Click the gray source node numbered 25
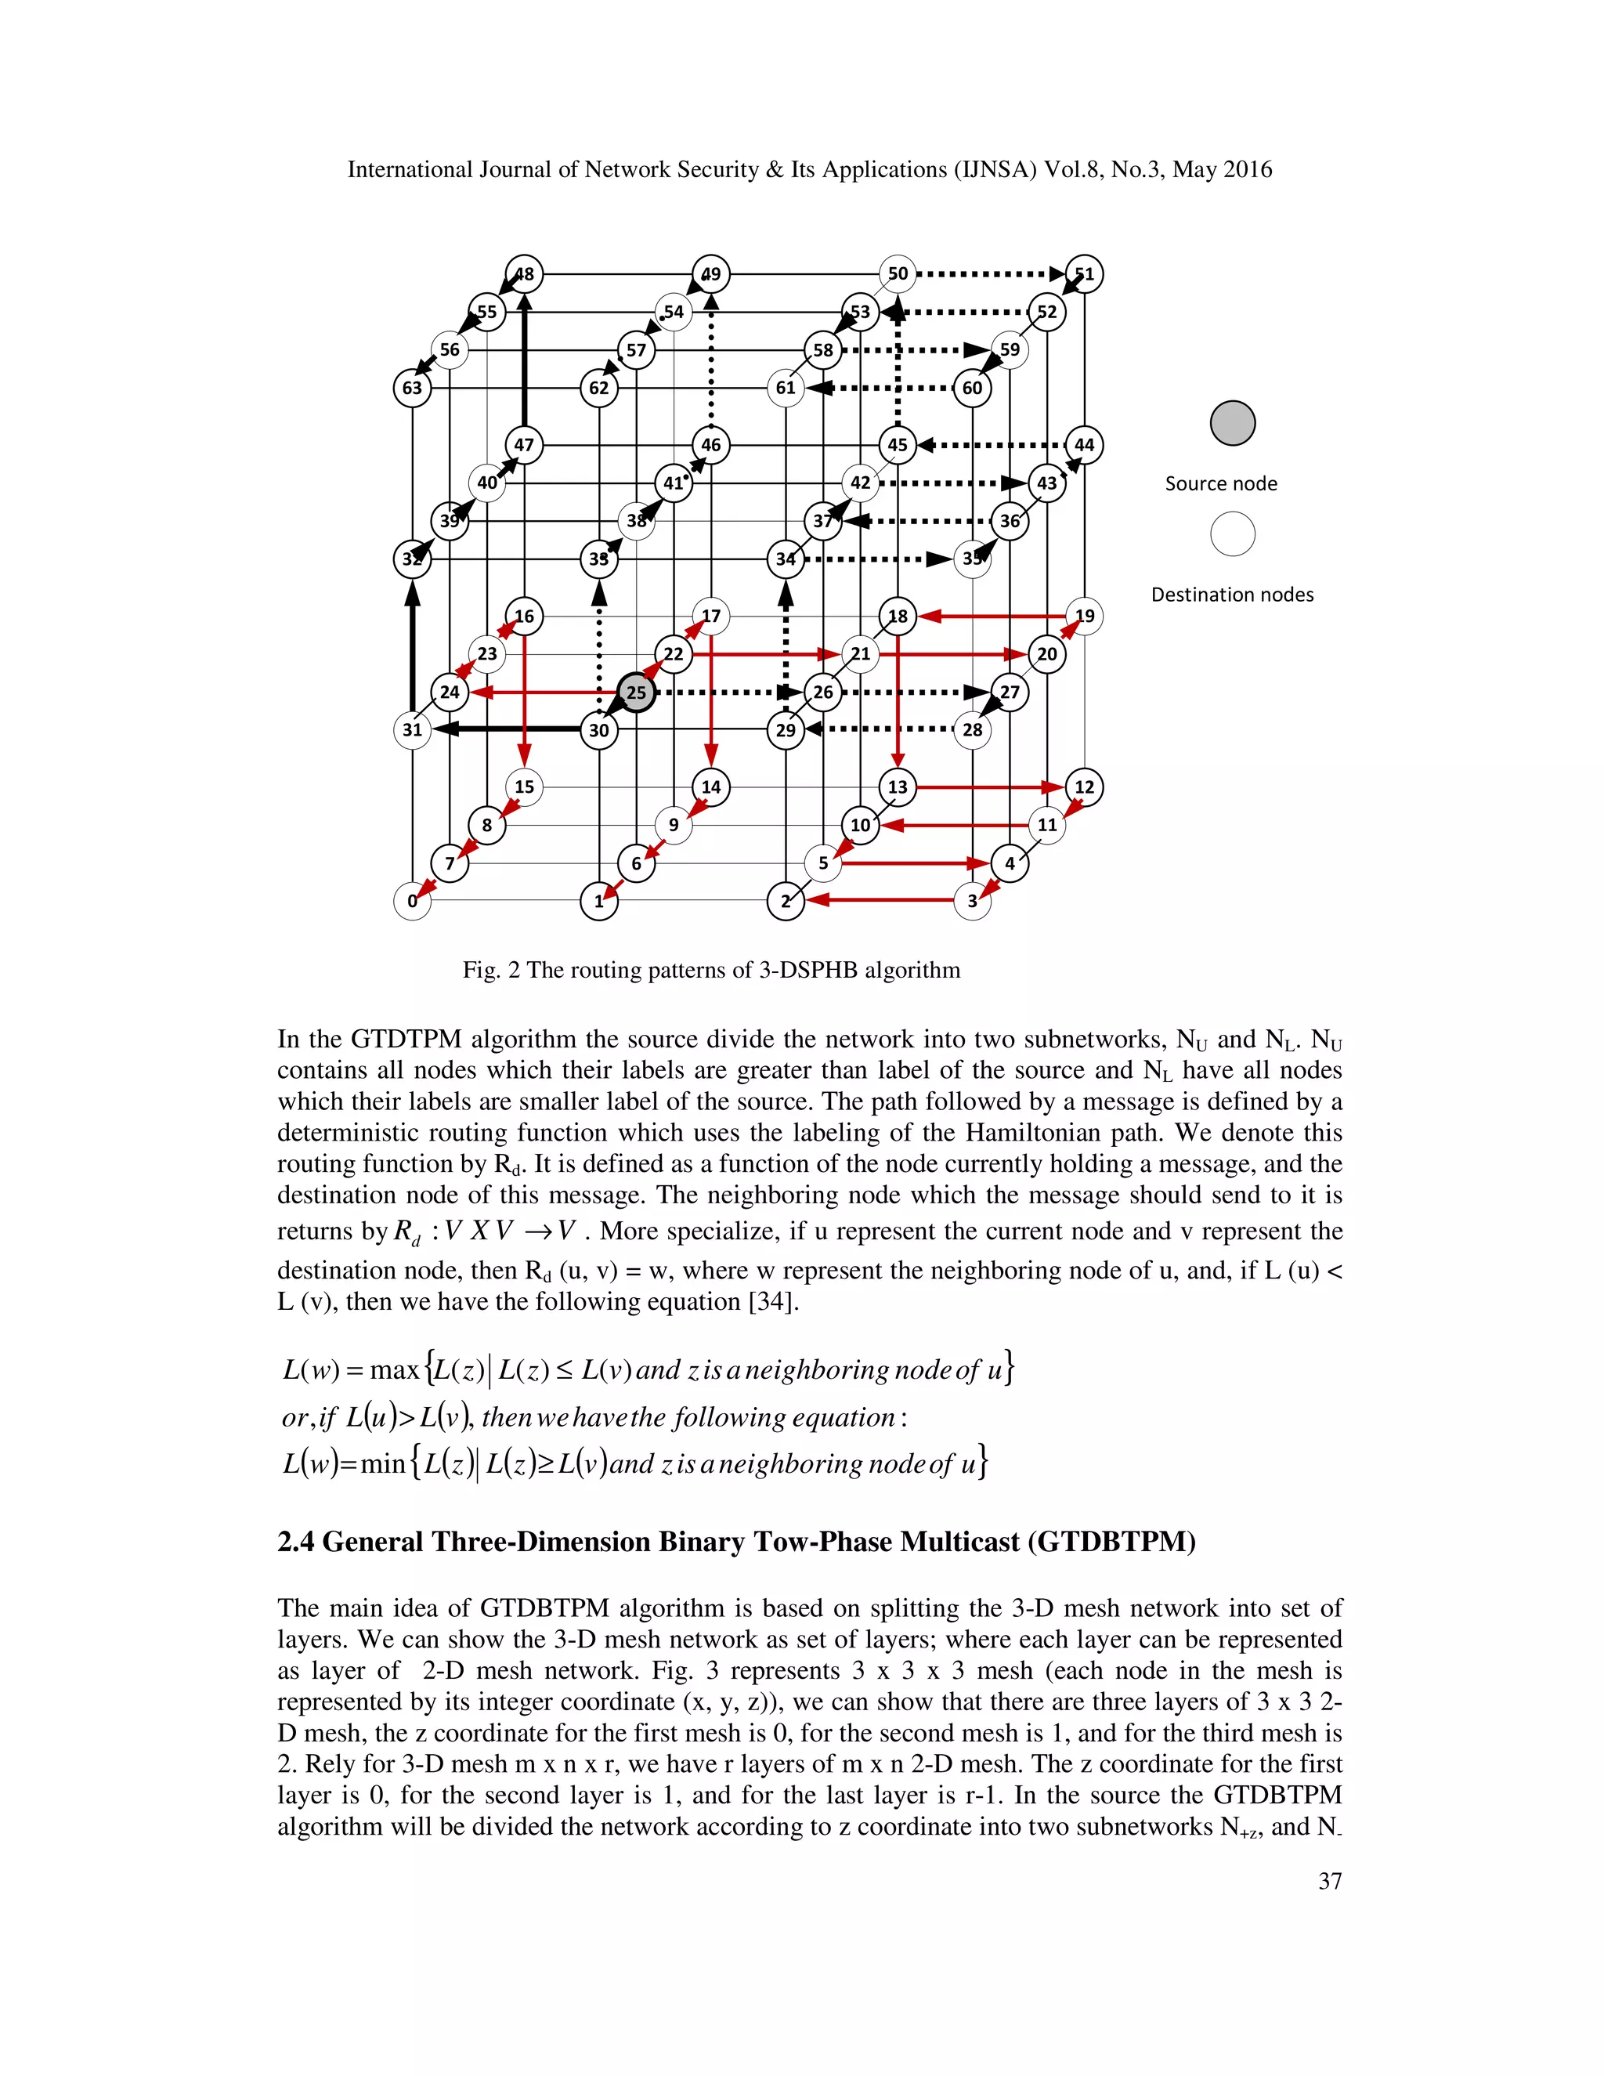point(636,692)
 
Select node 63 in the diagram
point(411,388)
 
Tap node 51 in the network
point(1084,273)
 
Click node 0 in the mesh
point(411,901)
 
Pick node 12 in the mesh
point(1084,787)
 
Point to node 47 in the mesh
point(524,445)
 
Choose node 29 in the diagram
point(786,730)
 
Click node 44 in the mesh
point(1084,445)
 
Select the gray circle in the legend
point(1233,423)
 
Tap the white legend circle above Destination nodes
point(1233,534)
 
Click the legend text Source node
point(1221,484)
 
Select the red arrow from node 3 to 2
point(879,899)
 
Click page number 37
point(1329,1881)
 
